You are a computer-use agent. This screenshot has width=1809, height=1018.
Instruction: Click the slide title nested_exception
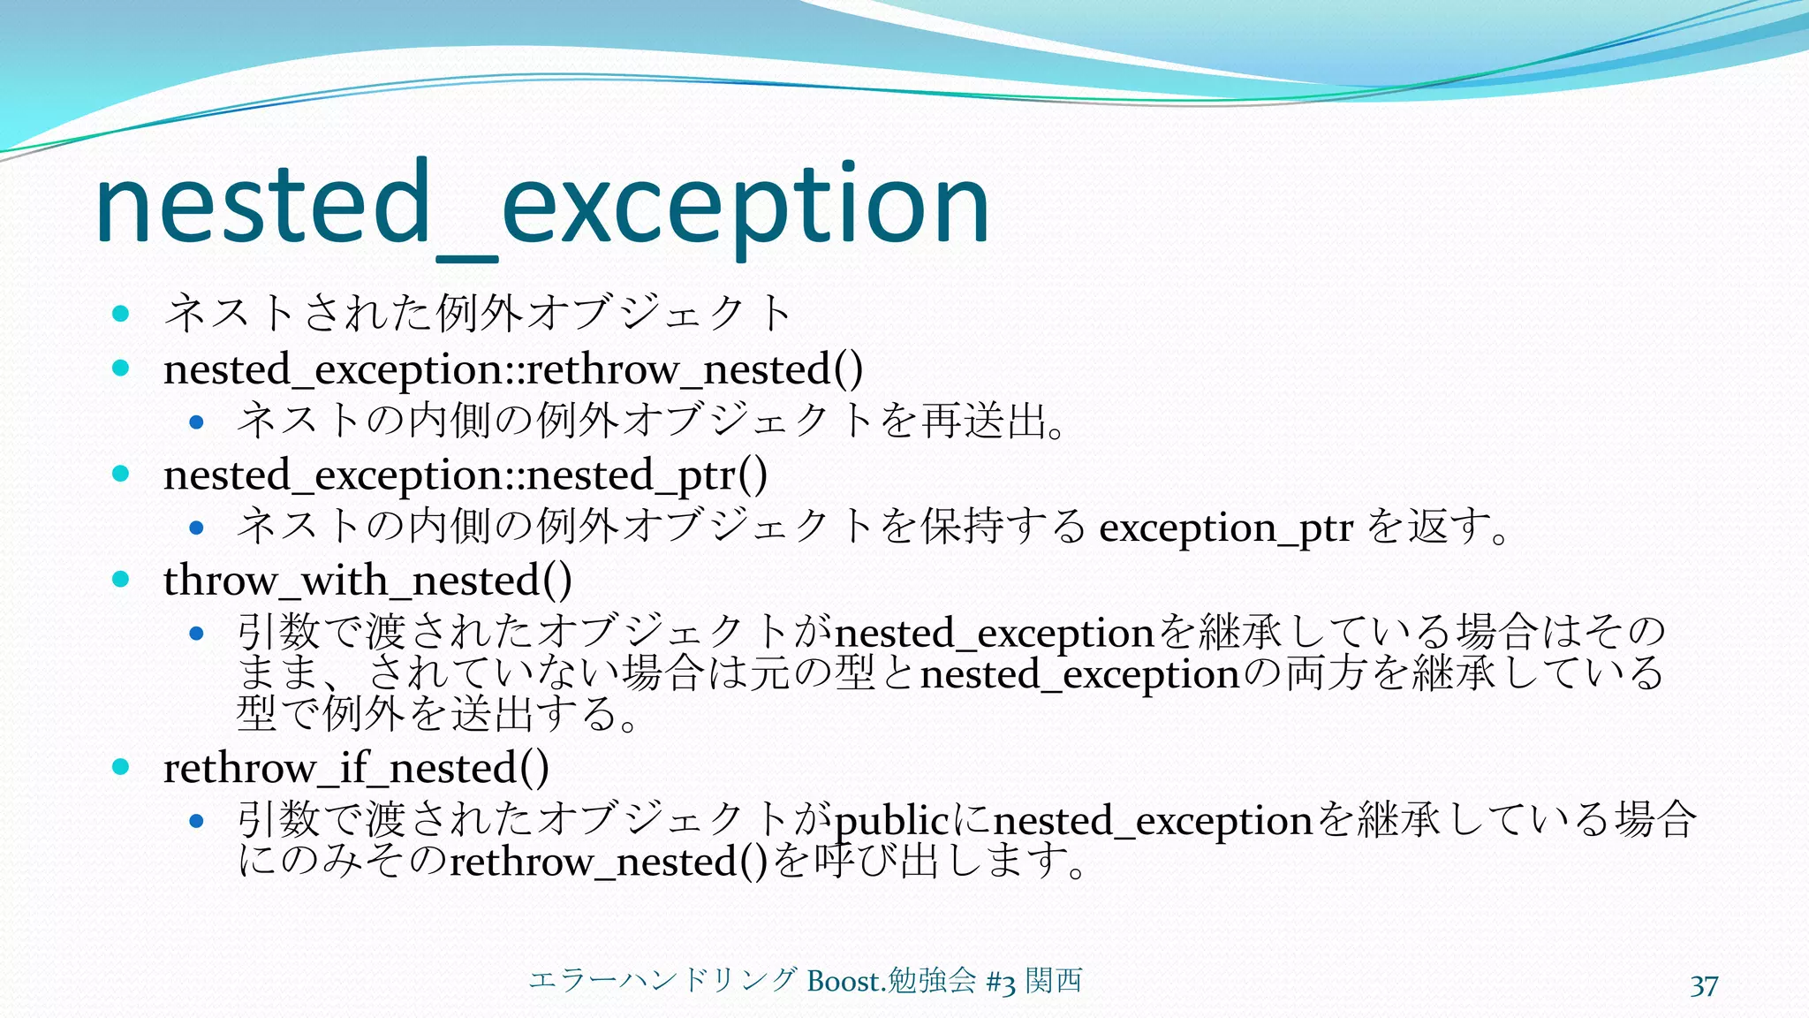point(541,205)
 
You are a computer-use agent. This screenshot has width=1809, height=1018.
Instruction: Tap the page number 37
point(1704,986)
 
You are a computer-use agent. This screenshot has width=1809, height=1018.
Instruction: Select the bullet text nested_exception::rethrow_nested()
point(513,369)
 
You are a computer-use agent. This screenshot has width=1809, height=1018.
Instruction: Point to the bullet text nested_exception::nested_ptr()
point(465,475)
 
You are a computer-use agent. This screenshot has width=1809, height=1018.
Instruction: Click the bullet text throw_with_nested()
point(367,581)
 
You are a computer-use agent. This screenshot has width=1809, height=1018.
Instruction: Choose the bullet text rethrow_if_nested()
point(356,768)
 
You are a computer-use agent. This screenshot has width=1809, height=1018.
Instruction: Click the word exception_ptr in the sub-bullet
point(1225,528)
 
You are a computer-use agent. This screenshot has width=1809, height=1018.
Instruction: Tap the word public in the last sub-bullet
point(891,821)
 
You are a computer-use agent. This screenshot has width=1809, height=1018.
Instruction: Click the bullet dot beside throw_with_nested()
point(122,580)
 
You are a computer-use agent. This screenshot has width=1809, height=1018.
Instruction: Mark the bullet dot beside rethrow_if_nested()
point(122,766)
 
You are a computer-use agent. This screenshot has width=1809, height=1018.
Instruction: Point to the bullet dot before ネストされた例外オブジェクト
point(122,313)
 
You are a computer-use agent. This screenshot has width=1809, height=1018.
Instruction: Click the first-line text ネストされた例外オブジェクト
point(478,313)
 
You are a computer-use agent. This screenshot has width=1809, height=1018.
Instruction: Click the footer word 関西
point(1053,980)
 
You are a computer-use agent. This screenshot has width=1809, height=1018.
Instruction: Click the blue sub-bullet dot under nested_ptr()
point(197,528)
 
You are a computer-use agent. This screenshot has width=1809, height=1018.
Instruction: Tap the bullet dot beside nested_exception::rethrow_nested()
point(122,368)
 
